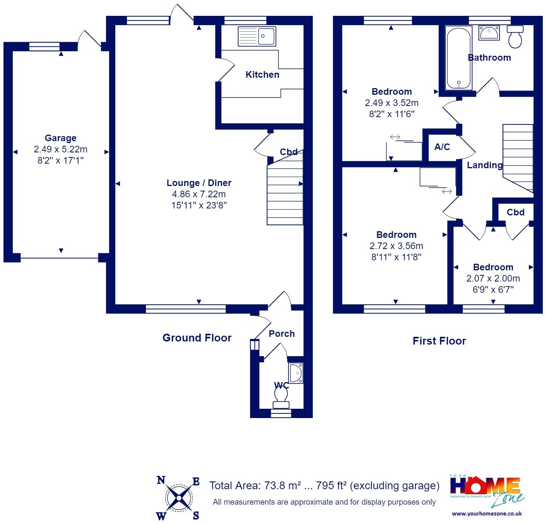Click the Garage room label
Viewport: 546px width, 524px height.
[x=60, y=138]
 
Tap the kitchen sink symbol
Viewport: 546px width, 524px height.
[x=257, y=36]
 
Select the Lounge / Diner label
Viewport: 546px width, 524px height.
[x=199, y=183]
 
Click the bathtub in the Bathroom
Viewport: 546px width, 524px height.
[x=458, y=58]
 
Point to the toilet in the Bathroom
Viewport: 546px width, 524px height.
[x=515, y=37]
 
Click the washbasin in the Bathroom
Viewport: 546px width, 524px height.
[x=489, y=33]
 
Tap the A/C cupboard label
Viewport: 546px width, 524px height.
[x=442, y=147]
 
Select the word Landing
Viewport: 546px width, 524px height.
[x=484, y=165]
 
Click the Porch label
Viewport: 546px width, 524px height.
[x=282, y=334]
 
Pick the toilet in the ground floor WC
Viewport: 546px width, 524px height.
[x=281, y=398]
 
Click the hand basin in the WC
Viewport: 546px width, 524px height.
[x=296, y=373]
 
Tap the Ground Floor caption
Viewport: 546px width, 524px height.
[x=197, y=338]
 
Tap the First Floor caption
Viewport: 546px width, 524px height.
[x=439, y=341]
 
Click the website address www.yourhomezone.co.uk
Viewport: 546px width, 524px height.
[x=487, y=514]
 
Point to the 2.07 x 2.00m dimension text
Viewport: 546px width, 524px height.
[x=493, y=278]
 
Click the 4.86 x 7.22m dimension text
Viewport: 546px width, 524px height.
[x=199, y=194]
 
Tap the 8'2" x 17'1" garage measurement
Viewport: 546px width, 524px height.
[x=60, y=160]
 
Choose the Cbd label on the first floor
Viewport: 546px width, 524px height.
[x=515, y=212]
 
